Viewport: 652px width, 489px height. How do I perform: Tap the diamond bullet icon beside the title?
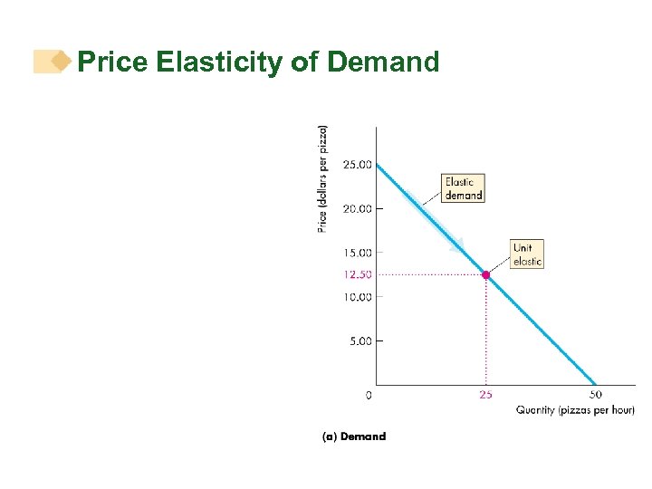point(61,62)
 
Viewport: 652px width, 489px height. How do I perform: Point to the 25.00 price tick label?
point(357,165)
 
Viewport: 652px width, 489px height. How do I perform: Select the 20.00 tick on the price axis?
point(357,208)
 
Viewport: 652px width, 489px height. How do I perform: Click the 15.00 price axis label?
point(357,253)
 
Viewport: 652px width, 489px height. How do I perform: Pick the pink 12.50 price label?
point(357,274)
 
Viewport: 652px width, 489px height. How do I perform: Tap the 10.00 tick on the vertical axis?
point(357,297)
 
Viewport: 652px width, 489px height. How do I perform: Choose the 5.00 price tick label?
point(360,341)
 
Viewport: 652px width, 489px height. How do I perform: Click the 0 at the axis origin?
point(369,395)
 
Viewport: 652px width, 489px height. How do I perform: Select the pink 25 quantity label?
point(486,395)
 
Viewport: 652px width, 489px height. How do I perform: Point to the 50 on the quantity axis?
point(595,395)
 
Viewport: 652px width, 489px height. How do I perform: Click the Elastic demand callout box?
point(463,188)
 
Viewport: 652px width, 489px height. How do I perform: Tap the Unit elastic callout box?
point(527,254)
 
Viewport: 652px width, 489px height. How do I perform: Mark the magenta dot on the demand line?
point(486,274)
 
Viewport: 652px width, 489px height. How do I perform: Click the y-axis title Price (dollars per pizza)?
point(322,178)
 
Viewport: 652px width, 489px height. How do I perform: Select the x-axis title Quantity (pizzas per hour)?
point(575,410)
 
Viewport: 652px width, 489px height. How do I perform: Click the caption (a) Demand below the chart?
point(354,436)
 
